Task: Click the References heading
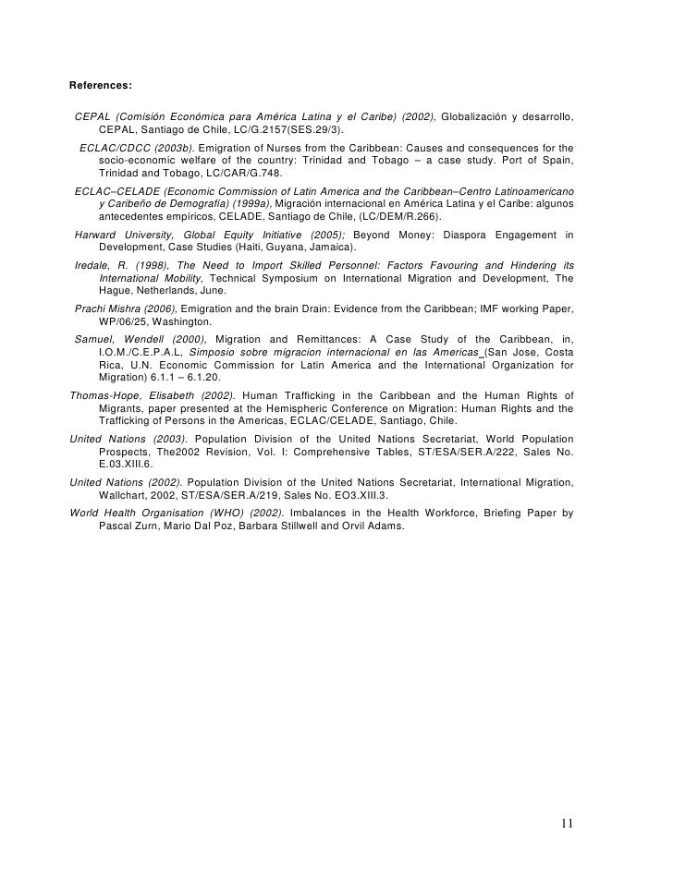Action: [101, 86]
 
